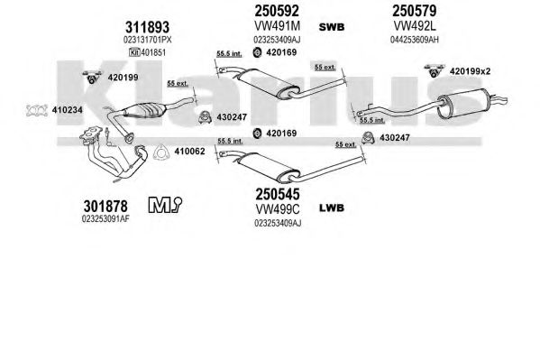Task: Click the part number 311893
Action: coord(148,27)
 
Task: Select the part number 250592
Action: coord(277,11)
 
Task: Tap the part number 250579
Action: coord(415,11)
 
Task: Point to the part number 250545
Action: coord(278,195)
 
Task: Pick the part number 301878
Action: coord(105,207)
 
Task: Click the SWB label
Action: coord(332,27)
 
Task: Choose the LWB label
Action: coord(332,208)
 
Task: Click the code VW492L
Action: coord(415,26)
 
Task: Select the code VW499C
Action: coord(278,208)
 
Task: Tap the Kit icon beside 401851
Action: coord(133,52)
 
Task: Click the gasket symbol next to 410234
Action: coord(36,110)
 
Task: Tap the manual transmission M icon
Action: coord(165,205)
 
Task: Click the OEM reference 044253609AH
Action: coord(415,40)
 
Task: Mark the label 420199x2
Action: coord(470,71)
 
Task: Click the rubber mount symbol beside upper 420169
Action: coord(257,52)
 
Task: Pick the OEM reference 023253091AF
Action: coord(105,218)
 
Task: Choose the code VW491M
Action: coord(277,26)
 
